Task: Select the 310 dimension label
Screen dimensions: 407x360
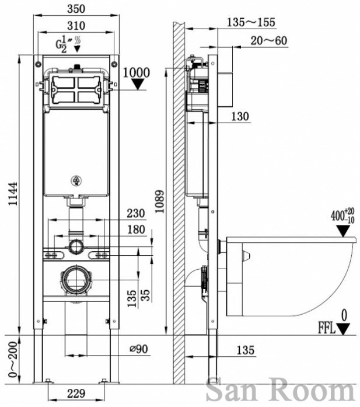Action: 76,26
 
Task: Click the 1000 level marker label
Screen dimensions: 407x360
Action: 137,73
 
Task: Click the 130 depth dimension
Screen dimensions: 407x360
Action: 239,117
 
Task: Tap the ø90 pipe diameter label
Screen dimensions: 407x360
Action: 138,349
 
